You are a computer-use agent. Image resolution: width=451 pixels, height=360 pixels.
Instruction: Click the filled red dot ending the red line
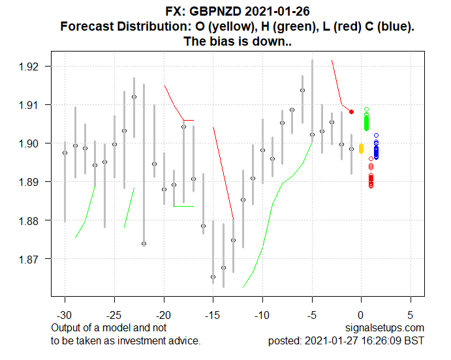tap(351, 112)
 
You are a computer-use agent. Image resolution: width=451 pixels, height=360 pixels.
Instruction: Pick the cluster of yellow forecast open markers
tap(361, 149)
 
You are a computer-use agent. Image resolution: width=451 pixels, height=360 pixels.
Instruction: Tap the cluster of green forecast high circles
tap(366, 121)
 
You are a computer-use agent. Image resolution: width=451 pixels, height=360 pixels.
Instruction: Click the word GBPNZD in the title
tap(210, 11)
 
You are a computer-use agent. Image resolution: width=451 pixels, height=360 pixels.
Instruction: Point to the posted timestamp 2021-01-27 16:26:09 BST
tap(372, 340)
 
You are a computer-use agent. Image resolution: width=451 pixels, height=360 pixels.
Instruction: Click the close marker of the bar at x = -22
tap(144, 243)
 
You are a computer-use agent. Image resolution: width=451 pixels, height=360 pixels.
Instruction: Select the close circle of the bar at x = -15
tap(213, 277)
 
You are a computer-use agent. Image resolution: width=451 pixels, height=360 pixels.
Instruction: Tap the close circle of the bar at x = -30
tap(65, 153)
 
